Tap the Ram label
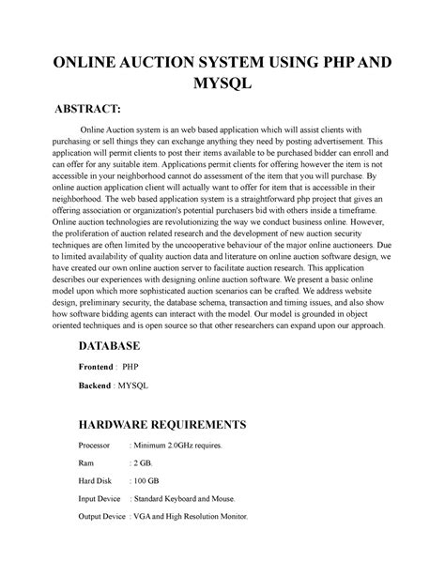tap(85, 464)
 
